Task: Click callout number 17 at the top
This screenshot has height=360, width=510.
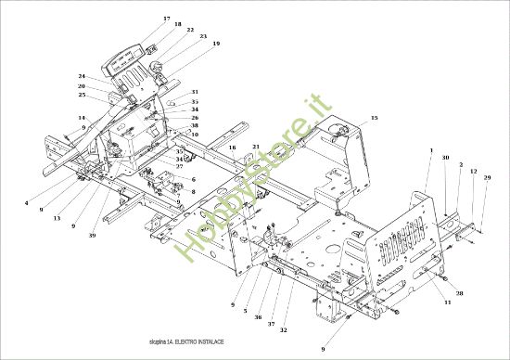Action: point(167,19)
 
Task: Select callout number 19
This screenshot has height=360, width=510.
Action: point(216,44)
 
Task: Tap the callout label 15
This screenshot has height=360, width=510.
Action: point(375,118)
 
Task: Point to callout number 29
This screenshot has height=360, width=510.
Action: point(488,177)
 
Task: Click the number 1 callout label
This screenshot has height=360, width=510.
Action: point(431,149)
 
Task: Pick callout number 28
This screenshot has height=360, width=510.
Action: point(459,292)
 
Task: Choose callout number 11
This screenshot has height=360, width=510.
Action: point(447,303)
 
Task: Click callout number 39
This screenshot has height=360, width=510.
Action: point(92,236)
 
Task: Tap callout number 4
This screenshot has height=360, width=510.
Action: point(27,202)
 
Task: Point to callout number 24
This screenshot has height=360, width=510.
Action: point(82,76)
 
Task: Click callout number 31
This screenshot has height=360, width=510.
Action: point(195,92)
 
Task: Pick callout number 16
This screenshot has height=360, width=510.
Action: point(233,148)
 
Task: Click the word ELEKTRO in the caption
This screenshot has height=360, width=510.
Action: point(185,342)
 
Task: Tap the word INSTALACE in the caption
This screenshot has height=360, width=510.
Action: point(210,342)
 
